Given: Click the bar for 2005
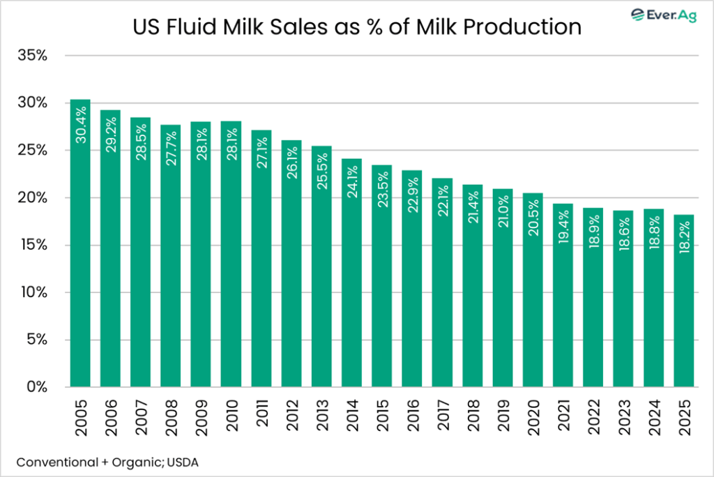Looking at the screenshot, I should pos(80,244).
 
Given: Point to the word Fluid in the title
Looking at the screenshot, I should pos(213,27).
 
